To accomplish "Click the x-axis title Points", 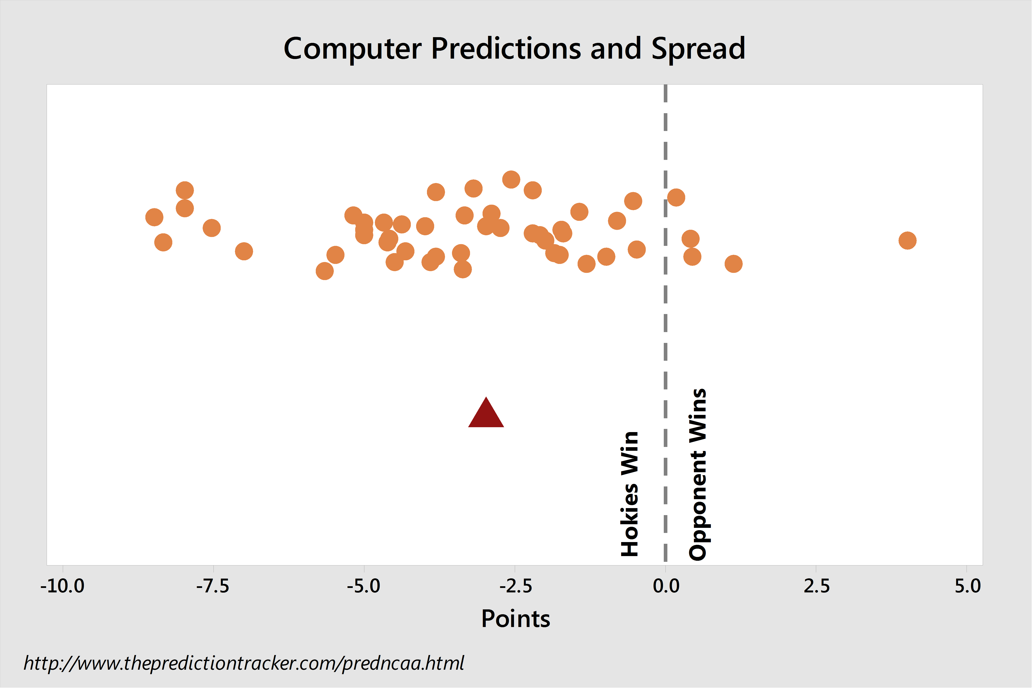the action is pos(516,619).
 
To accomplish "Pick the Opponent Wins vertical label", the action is pos(698,475).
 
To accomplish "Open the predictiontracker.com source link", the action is pos(244,663).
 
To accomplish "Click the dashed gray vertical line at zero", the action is pos(666,323).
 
